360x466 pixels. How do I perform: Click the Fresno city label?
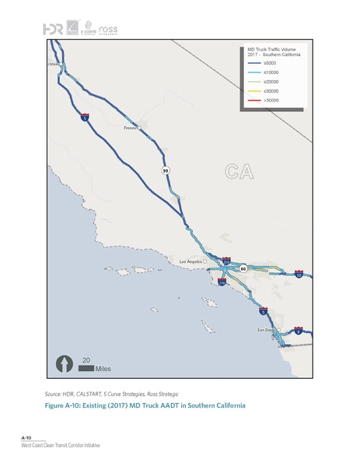(x=129, y=128)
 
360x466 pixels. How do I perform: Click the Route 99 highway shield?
(x=166, y=169)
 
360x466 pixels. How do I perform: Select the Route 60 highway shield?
(x=243, y=268)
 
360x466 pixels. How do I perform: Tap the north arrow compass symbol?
(x=63, y=363)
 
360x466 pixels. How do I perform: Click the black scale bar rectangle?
(x=86, y=367)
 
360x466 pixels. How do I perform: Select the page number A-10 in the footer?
(x=26, y=439)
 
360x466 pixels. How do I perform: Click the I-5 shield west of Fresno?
(x=84, y=119)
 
